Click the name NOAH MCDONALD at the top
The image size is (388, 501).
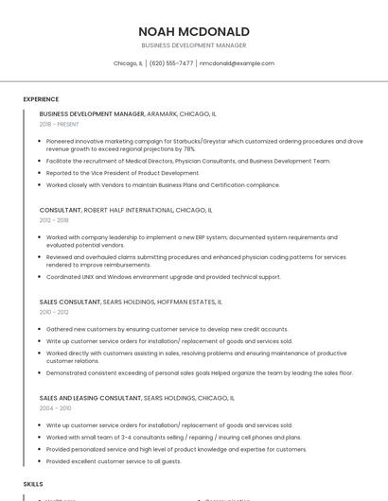coord(194,31)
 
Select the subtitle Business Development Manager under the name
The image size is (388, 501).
coord(194,45)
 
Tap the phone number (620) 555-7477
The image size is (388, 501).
coord(171,63)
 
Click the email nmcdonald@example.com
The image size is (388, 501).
coord(237,63)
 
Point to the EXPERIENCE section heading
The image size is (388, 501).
coord(41,99)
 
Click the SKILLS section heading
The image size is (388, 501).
coord(33,483)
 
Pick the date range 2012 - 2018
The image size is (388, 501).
coord(54,219)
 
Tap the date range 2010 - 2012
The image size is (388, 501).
coord(54,312)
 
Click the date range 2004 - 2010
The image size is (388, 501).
coord(54,408)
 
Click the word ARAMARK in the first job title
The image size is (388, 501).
coord(162,113)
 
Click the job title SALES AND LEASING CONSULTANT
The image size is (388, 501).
coord(90,398)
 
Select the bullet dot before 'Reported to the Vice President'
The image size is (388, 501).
coord(41,173)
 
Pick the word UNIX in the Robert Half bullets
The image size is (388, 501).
coord(88,277)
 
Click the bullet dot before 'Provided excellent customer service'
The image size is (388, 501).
coord(41,461)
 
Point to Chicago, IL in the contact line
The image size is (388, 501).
coord(128,63)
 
